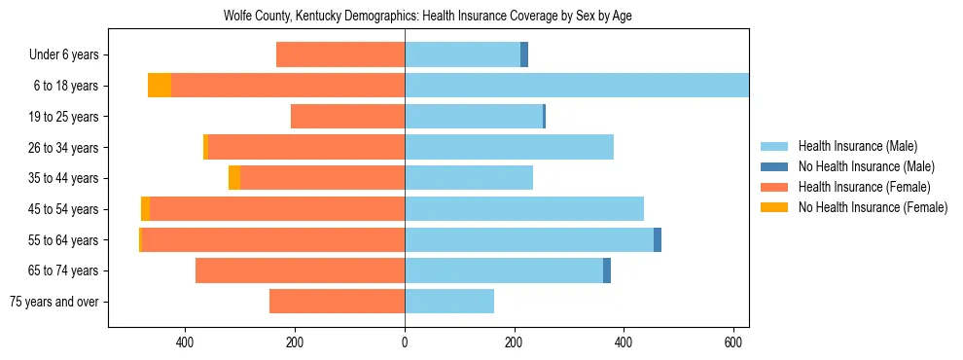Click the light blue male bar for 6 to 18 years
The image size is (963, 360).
point(576,86)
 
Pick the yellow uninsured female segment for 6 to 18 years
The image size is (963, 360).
point(160,86)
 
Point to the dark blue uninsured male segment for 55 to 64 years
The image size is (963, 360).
point(658,240)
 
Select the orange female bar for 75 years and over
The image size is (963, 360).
point(337,302)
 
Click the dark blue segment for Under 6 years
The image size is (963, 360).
point(524,55)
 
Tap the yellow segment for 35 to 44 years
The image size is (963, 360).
point(234,178)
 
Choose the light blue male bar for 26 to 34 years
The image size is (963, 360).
point(509,147)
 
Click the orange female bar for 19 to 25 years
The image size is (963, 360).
point(347,117)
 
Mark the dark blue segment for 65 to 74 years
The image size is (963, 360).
point(607,270)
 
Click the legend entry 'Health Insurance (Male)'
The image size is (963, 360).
point(857,146)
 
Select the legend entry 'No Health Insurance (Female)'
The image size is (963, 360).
point(873,207)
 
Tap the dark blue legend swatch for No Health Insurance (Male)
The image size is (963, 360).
point(774,166)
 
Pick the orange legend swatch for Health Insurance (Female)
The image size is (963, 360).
point(774,187)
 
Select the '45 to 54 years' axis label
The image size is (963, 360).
point(64,209)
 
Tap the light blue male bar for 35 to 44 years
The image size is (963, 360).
point(469,178)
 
